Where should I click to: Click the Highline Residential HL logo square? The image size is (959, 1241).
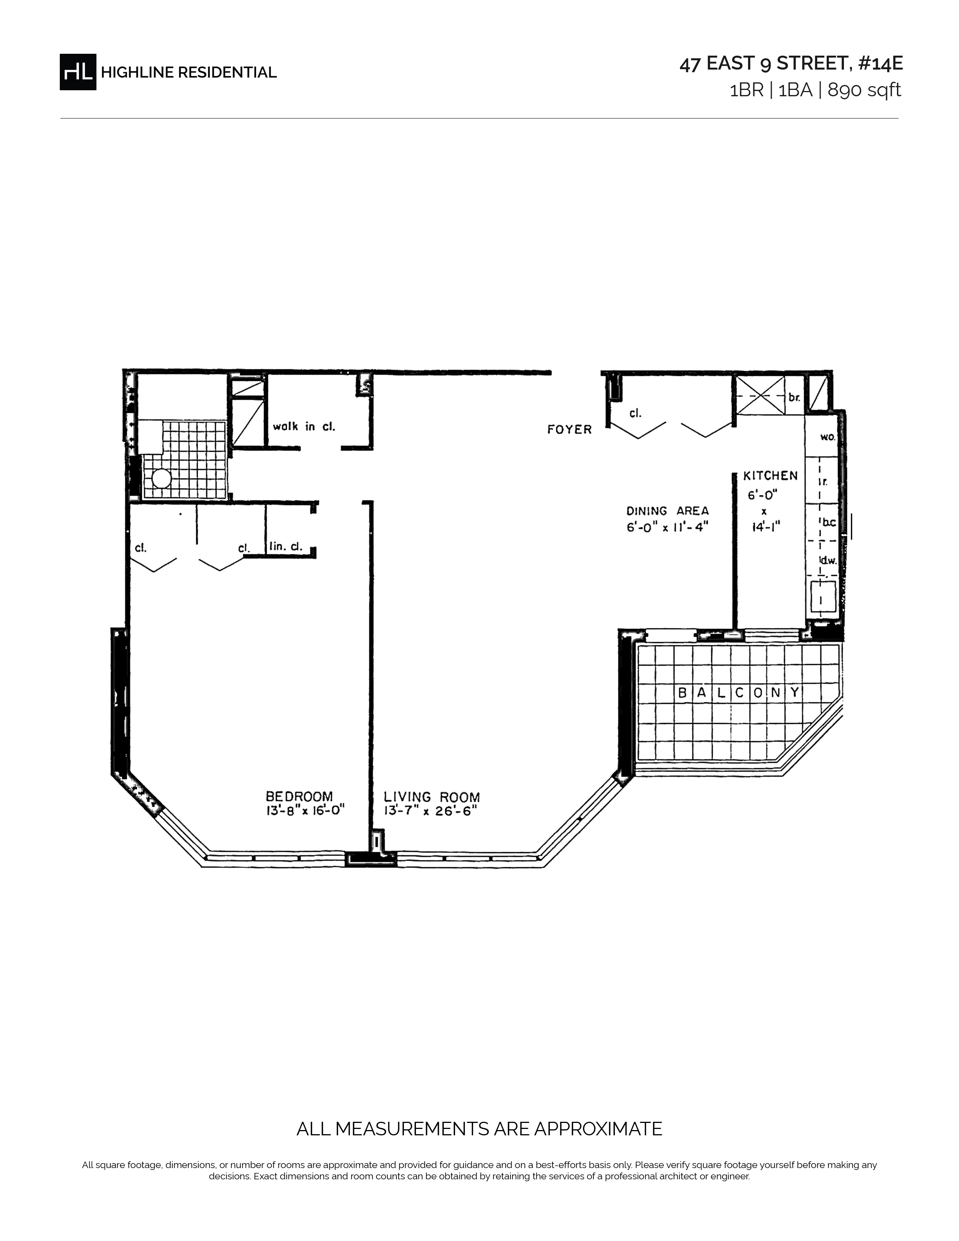pyautogui.click(x=78, y=72)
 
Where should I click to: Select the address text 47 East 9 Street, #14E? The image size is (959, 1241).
pyautogui.click(x=791, y=64)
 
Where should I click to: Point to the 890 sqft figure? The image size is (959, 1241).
pyautogui.click(x=864, y=90)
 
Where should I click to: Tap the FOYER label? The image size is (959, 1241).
pyautogui.click(x=569, y=429)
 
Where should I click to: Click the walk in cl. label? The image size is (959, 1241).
pyautogui.click(x=304, y=427)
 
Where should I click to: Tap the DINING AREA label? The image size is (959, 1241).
pyautogui.click(x=668, y=511)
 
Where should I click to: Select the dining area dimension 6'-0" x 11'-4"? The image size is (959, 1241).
pyautogui.click(x=668, y=527)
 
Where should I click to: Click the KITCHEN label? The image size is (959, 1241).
pyautogui.click(x=770, y=476)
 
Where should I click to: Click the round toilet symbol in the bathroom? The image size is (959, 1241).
pyautogui.click(x=161, y=479)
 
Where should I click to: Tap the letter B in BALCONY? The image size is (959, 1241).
pyautogui.click(x=683, y=693)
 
